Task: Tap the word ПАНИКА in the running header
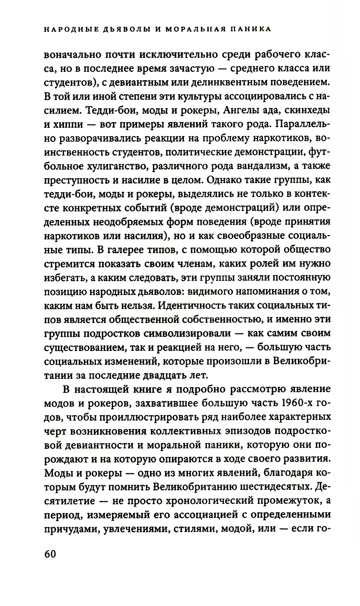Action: (x=250, y=29)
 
